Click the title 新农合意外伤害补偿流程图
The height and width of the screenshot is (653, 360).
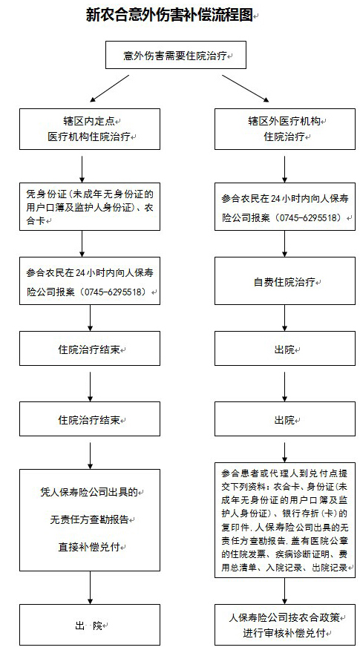pos(169,15)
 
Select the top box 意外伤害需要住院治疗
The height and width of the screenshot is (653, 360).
pos(176,55)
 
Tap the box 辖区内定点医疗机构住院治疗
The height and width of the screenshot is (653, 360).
pos(90,129)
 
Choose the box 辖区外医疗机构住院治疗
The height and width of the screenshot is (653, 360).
pos(285,129)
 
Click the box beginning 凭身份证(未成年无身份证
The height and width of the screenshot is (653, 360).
pos(90,206)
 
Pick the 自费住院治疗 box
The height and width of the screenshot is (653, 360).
pos(285,281)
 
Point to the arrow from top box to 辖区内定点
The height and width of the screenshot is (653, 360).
pos(110,88)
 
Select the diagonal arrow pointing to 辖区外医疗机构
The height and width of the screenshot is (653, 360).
pos(246,88)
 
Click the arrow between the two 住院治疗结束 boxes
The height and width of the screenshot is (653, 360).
pos(90,383)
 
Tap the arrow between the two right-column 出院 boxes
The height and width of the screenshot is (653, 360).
pos(285,383)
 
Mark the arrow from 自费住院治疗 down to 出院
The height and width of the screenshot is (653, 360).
pos(285,318)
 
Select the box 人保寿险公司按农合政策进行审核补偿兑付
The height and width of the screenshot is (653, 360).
pos(285,625)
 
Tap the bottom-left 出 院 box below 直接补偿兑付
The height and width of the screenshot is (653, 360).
pos(90,625)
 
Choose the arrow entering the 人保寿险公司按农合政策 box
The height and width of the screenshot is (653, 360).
pos(285,591)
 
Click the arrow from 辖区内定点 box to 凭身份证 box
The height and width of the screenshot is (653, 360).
pos(82,169)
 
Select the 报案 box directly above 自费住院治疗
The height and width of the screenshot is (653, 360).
pos(285,206)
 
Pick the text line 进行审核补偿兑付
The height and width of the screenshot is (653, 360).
pos(286,634)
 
